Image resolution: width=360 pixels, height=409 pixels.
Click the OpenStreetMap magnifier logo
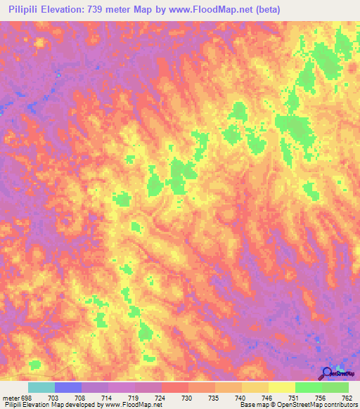pyautogui.click(x=328, y=373)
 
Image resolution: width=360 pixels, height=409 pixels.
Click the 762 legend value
pyautogui.click(x=346, y=397)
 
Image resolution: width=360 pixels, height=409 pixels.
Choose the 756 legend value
pyautogui.click(x=321, y=397)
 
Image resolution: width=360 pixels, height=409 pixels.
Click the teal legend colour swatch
pyautogui.click(x=41, y=387)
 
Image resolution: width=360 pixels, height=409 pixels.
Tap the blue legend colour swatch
pyautogui.click(x=68, y=387)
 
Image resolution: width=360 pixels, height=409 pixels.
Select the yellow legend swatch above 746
pyautogui.click(x=255, y=387)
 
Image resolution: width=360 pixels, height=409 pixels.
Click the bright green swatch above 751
pyautogui.click(x=309, y=387)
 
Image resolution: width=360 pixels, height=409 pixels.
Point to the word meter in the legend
pyautogui.click(x=9, y=397)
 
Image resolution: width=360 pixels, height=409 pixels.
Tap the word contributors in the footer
pyautogui.click(x=336, y=405)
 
